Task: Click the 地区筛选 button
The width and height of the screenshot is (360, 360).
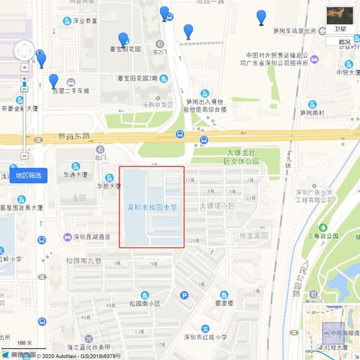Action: click(28, 175)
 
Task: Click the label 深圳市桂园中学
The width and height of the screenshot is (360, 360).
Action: click(151, 207)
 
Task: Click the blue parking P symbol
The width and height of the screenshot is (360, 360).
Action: click(184, 296)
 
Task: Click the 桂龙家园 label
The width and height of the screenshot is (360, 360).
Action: click(254, 236)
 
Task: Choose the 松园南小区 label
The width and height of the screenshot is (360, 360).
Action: click(144, 303)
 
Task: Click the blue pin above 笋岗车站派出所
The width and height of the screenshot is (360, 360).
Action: click(261, 17)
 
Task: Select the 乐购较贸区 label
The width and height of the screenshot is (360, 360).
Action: click(158, 104)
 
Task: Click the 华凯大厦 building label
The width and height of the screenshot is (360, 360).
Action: click(109, 186)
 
